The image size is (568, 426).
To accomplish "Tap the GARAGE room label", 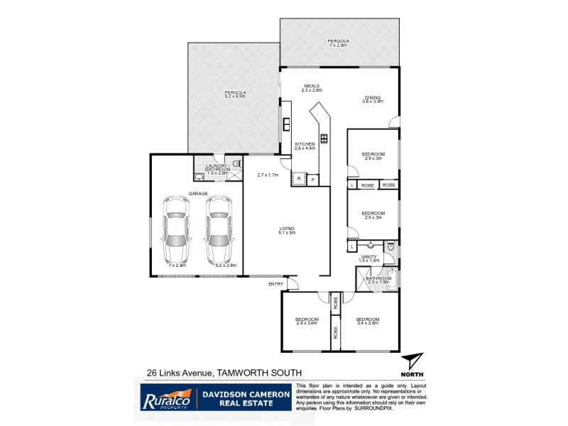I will click(197, 192).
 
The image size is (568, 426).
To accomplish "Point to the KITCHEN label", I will click(305, 143).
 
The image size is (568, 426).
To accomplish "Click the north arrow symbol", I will click(411, 362).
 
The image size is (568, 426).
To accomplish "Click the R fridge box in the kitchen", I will click(300, 180).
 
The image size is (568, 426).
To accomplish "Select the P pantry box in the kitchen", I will click(313, 180).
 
